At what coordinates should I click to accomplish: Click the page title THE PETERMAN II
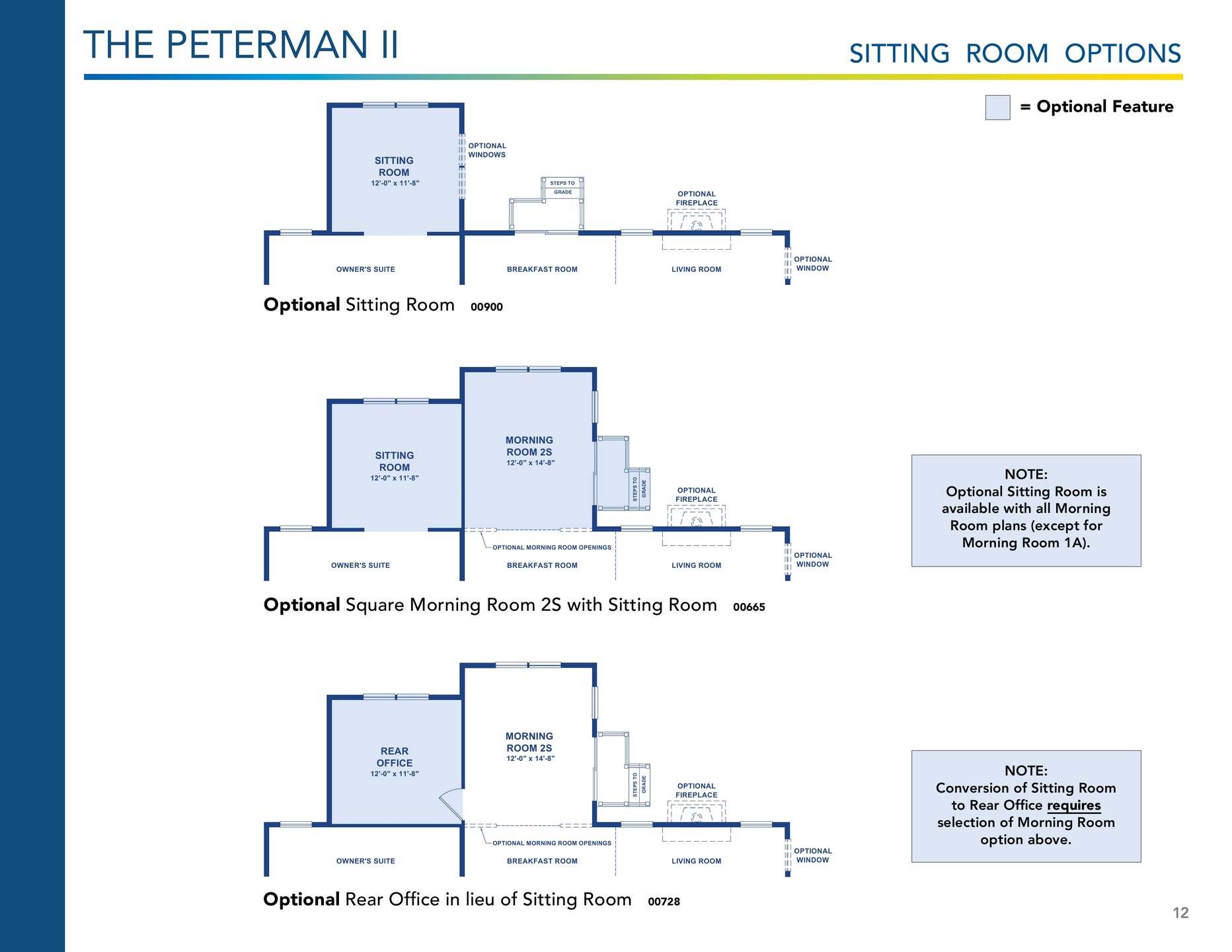(241, 45)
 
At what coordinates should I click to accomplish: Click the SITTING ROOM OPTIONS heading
(1015, 54)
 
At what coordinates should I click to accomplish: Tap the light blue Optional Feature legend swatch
(997, 107)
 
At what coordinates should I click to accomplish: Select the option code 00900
(486, 307)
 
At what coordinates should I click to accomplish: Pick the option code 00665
(749, 607)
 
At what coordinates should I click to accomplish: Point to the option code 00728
(664, 902)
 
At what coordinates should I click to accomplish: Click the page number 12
(1180, 913)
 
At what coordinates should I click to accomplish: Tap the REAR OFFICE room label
(395, 757)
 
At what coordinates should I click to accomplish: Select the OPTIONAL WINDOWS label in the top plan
(487, 150)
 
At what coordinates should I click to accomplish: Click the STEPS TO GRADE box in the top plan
(562, 188)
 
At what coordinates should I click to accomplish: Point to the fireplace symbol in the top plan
(696, 225)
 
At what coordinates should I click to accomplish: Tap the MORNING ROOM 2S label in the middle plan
(529, 446)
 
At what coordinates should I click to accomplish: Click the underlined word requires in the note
(1073, 805)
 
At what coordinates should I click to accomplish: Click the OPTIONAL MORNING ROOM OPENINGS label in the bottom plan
(552, 843)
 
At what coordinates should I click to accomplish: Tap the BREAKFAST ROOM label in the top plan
(542, 269)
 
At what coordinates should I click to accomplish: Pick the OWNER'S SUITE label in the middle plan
(360, 565)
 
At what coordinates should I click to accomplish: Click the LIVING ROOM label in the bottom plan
(696, 861)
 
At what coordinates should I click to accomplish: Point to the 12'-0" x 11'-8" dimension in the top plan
(395, 183)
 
